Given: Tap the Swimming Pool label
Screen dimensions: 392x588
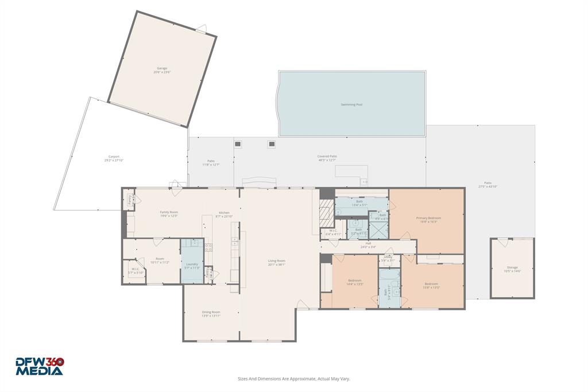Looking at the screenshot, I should tap(351, 105).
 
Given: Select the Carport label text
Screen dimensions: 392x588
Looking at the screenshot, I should tap(114, 159).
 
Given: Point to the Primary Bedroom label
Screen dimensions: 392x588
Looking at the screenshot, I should tap(428, 220).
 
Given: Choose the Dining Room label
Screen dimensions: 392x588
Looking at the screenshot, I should tap(211, 314).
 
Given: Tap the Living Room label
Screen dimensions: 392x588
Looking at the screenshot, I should tap(276, 263).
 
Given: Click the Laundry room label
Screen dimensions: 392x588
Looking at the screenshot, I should tap(192, 266).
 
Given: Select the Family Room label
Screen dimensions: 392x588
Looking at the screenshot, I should tap(169, 214).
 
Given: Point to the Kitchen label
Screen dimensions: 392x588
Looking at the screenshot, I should tap(224, 214).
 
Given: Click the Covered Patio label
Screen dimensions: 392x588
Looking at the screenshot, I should tap(327, 158).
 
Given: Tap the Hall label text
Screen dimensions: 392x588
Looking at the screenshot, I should tap(367, 245).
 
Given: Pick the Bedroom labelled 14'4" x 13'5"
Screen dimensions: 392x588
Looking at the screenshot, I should tap(354, 282).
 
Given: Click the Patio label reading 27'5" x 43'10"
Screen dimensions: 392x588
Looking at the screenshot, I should tap(487, 185).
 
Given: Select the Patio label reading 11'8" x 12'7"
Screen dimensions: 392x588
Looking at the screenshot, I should tap(211, 163).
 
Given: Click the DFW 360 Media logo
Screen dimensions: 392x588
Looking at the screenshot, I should tap(40, 367).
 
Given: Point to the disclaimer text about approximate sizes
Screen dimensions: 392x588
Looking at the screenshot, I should tap(294, 379).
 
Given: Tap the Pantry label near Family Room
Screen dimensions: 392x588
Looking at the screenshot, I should tap(130, 199).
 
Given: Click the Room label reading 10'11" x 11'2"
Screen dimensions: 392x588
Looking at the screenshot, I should tap(160, 260).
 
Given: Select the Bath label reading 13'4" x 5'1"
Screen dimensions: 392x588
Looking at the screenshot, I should tap(359, 203).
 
